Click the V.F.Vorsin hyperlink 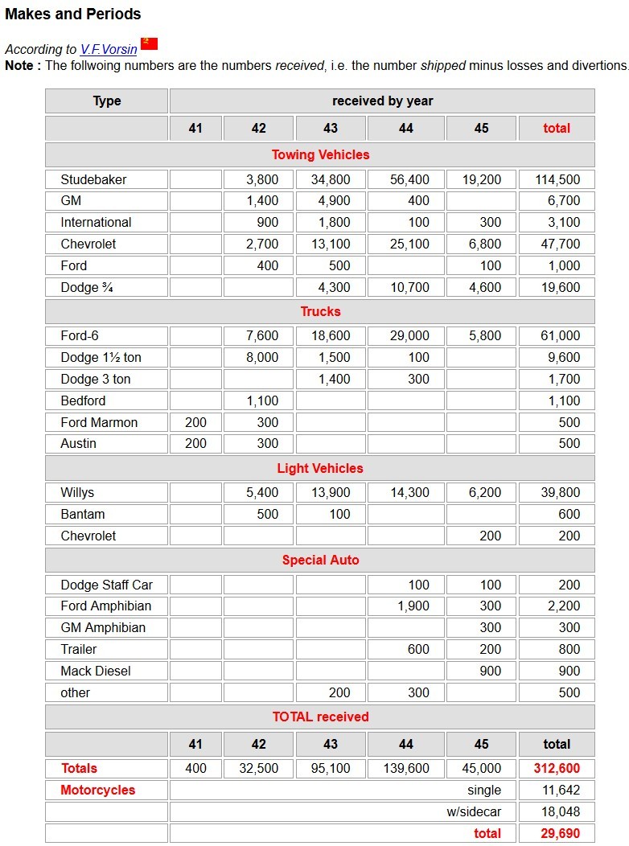[109, 49]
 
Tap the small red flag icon [149, 43]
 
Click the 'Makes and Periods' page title [73, 14]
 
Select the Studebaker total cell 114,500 [557, 179]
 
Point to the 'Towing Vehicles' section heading [320, 154]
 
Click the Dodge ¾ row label [87, 287]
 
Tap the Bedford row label [83, 400]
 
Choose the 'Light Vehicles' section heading [320, 468]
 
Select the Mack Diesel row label [96, 671]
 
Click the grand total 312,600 [557, 768]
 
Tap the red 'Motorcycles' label [98, 790]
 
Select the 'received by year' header [382, 101]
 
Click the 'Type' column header [107, 101]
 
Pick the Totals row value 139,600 [406, 768]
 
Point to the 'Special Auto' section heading [320, 560]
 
